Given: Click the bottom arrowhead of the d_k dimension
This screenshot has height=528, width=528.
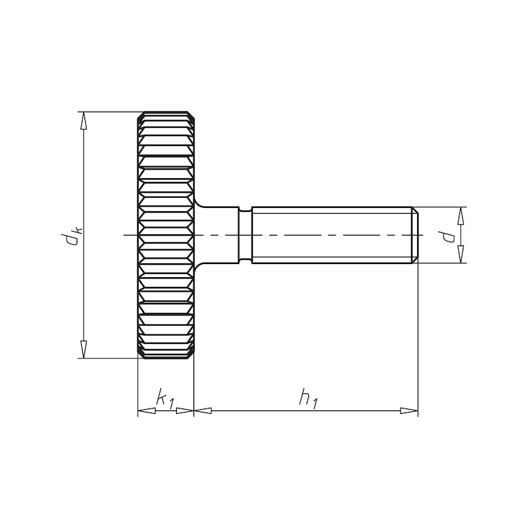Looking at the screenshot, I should [x=84, y=349].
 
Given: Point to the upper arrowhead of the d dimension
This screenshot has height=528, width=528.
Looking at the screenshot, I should [x=461, y=215].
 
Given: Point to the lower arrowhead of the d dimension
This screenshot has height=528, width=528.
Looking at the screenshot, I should [x=461, y=255].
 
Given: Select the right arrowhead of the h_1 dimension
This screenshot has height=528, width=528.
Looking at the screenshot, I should [x=410, y=411].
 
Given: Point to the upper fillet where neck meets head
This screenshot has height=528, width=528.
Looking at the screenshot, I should [x=199, y=202].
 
